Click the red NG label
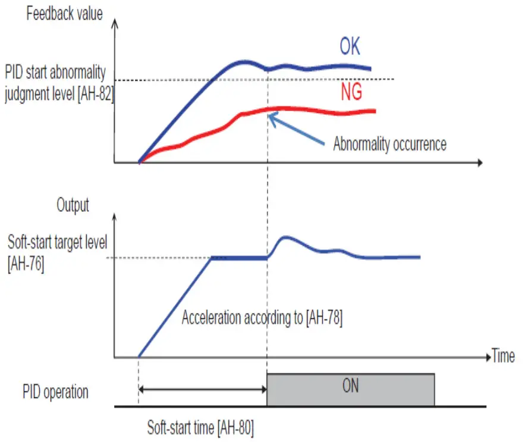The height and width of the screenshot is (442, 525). (353, 92)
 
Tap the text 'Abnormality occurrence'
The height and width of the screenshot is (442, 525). (389, 144)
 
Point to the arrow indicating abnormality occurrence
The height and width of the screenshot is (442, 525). (297, 130)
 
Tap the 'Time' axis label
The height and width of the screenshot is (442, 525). (503, 356)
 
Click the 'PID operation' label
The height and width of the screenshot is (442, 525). (55, 392)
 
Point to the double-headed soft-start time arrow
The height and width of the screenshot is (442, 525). (202, 390)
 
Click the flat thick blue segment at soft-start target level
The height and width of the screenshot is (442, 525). (238, 258)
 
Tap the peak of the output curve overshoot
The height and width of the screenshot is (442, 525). (286, 237)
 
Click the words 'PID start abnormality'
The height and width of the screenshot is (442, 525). (55, 73)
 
